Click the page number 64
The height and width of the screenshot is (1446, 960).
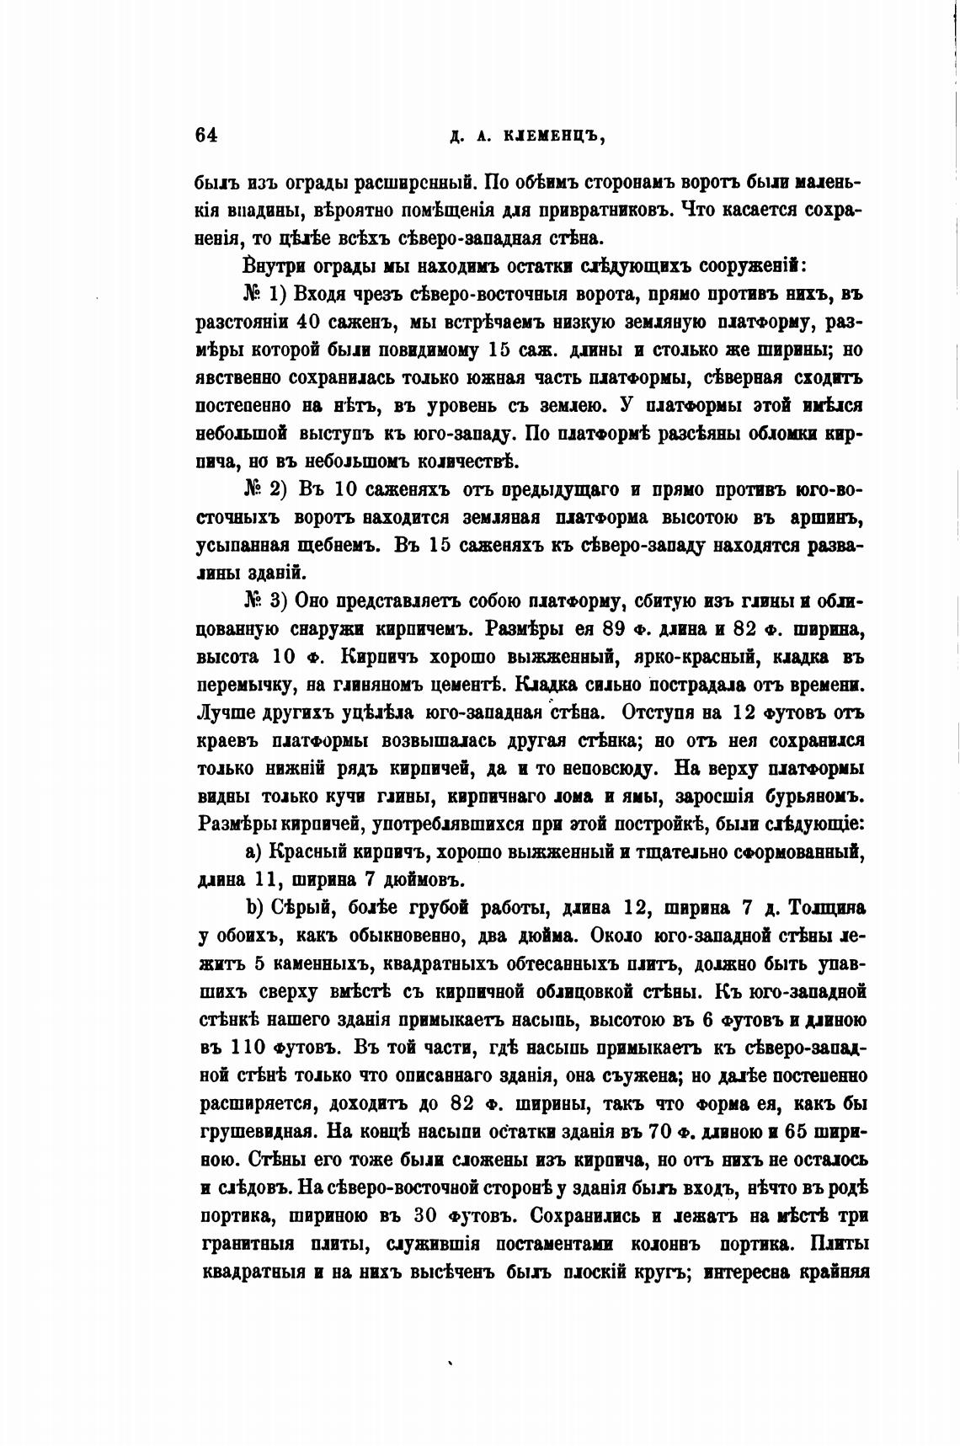[207, 136]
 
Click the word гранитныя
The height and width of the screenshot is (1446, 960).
[248, 1244]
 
